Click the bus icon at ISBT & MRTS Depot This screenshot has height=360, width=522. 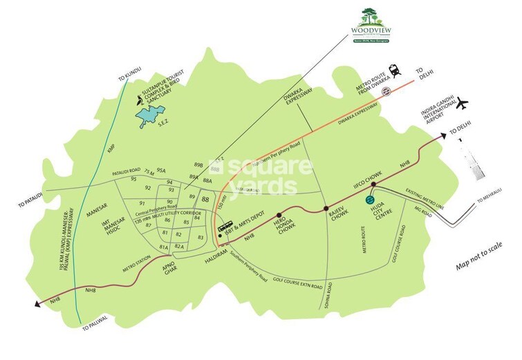pyautogui.click(x=225, y=227)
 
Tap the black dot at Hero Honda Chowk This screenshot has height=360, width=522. pyautogui.click(x=280, y=215)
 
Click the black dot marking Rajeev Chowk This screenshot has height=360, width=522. pyautogui.click(x=326, y=208)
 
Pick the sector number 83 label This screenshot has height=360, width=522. pyautogui.click(x=201, y=237)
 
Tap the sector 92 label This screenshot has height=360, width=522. pyautogui.click(x=148, y=187)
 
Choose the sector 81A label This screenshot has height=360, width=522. pyautogui.click(x=164, y=247)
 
